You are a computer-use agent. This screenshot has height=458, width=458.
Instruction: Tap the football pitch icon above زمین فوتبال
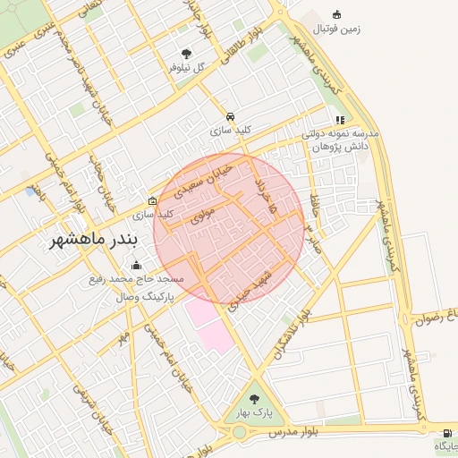(x=336, y=14)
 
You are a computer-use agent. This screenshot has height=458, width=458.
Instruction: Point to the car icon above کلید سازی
(x=231, y=116)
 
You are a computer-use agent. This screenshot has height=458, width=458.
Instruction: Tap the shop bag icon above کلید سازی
(x=153, y=200)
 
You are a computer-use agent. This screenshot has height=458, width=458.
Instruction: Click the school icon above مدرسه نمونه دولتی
(x=340, y=119)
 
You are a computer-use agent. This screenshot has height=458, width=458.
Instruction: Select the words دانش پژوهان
(x=339, y=145)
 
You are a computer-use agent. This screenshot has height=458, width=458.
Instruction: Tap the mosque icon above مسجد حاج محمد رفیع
(x=136, y=264)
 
